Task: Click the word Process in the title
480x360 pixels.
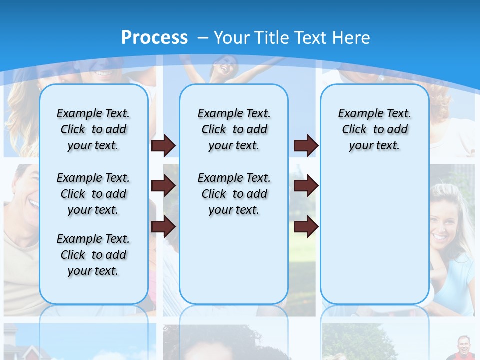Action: tap(154, 37)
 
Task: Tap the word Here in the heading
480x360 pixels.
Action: tap(352, 37)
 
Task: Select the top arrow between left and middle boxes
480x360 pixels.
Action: tap(164, 146)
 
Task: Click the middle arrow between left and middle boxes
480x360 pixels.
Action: tap(164, 186)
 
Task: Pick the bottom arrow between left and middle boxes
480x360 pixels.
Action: tap(164, 227)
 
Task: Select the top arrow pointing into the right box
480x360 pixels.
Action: tap(306, 146)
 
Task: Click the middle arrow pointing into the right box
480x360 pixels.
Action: tap(306, 186)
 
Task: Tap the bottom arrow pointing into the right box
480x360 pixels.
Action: tap(306, 227)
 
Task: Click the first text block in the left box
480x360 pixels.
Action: tap(93, 129)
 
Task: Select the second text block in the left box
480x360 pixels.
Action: tap(93, 194)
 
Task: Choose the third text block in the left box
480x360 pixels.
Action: tap(93, 255)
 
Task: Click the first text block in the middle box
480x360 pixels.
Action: tap(234, 129)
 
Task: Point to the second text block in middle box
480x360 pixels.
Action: tap(234, 194)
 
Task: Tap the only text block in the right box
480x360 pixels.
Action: tap(374, 129)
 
